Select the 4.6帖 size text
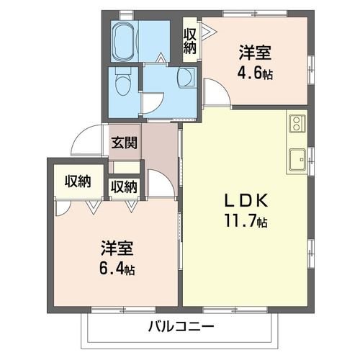click(x=256, y=73)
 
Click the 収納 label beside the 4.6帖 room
click(x=189, y=40)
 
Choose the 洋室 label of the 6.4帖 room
click(x=117, y=250)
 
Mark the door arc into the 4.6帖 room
click(x=215, y=92)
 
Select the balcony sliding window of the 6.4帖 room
click(x=115, y=309)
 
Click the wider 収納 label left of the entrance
click(x=77, y=181)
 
